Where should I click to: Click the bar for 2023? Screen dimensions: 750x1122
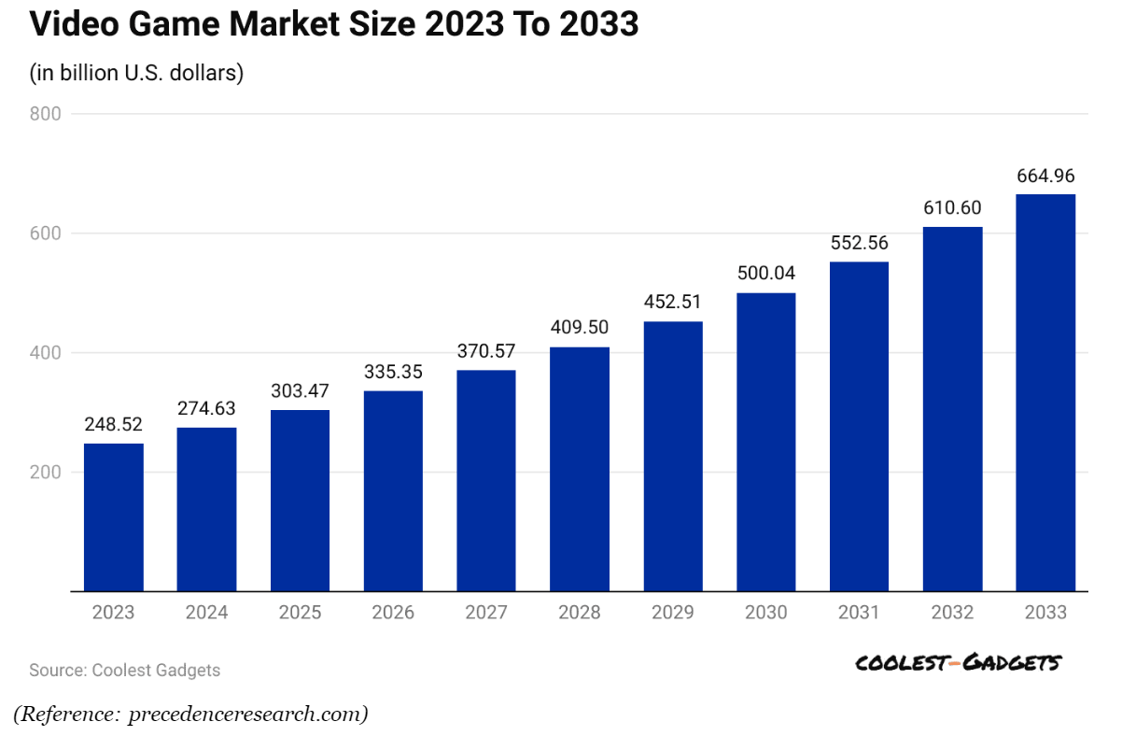(113, 517)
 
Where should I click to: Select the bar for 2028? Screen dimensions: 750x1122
(579, 469)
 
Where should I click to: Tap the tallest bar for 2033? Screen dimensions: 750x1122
(1045, 392)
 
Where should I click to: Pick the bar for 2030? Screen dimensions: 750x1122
(765, 442)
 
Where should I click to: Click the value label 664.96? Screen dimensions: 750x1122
(1045, 176)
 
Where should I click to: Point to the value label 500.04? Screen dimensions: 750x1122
(765, 275)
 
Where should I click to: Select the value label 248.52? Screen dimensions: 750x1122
(113, 425)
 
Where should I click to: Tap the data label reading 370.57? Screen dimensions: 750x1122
(485, 351)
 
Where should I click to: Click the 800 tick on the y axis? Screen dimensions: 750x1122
(46, 114)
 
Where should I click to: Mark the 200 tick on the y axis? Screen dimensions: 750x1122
(46, 473)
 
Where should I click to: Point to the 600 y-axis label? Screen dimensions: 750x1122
(46, 233)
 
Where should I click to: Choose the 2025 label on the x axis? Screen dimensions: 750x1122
(300, 613)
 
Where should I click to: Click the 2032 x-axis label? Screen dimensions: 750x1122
(952, 613)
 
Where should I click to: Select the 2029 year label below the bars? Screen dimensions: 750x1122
(672, 613)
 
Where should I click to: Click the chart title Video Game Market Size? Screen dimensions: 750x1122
(333, 25)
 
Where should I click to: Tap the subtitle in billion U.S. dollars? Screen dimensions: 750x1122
(136, 73)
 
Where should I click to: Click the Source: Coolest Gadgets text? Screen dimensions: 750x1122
(124, 670)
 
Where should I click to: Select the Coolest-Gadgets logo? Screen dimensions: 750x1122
(958, 663)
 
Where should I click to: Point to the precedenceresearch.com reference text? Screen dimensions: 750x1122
(190, 715)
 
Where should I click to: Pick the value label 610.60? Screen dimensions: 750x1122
(952, 208)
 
